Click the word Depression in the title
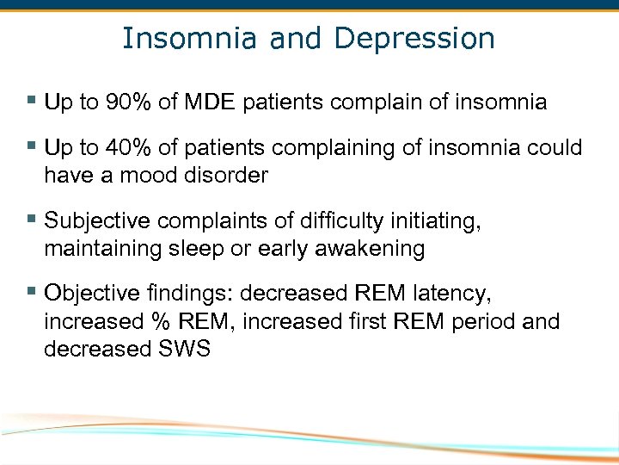pyautogui.click(x=414, y=39)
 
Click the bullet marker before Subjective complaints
pyautogui.click(x=32, y=220)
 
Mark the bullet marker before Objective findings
pyautogui.click(x=32, y=292)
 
